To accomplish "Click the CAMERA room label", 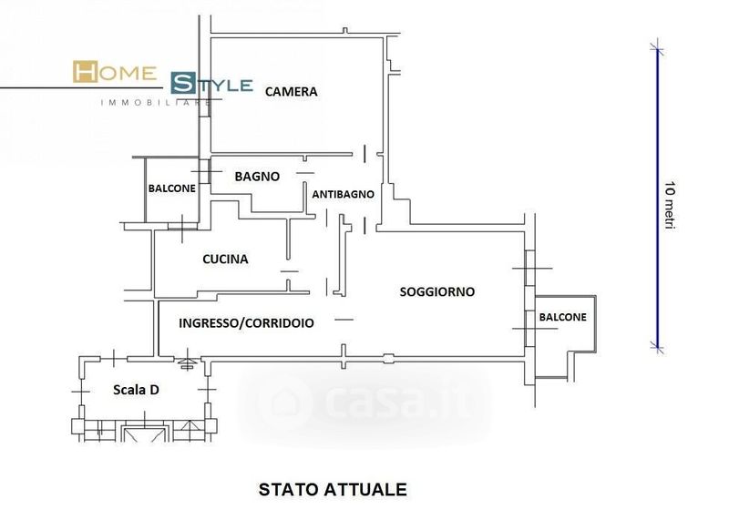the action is pos(292,91).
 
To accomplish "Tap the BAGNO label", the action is pos(257,177).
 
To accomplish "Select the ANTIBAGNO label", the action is pos(343,195).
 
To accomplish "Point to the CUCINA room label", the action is pos(225,260).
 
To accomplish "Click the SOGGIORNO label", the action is pos(437,291).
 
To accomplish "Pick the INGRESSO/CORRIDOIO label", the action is pos(247,322).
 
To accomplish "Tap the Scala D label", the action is pos(137,390).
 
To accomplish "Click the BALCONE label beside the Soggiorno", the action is pos(563,317).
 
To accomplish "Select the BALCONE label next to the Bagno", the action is pos(171,189).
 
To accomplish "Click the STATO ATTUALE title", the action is pos(333,489).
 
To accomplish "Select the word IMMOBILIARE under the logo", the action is pos(155,102).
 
